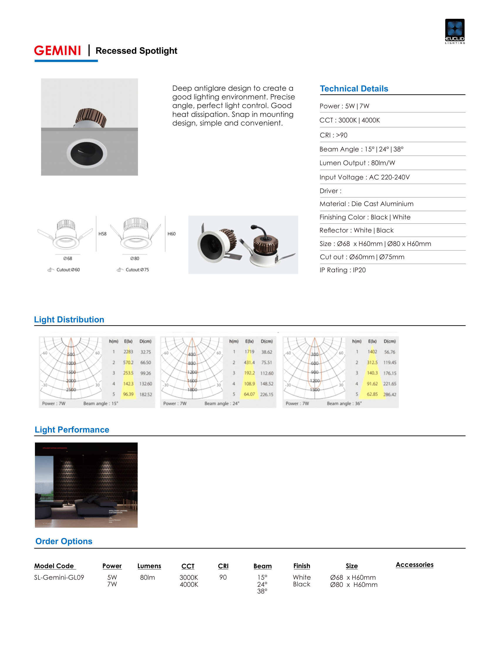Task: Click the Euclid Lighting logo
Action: click(455, 31)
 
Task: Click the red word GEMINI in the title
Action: click(58, 51)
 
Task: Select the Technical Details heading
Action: click(354, 89)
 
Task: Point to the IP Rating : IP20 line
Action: click(343, 270)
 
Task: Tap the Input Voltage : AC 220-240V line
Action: click(365, 177)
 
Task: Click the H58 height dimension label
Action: click(102, 234)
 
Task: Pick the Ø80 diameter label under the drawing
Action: click(135, 258)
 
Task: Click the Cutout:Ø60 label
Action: click(68, 270)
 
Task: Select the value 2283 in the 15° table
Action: click(128, 352)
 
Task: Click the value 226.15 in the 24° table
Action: click(267, 394)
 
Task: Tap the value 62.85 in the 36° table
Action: click(372, 394)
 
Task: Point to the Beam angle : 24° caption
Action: click(222, 403)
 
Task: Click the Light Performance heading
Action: click(72, 430)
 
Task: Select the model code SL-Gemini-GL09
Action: click(59, 577)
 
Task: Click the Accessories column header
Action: click(414, 565)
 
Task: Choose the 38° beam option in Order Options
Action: click(262, 591)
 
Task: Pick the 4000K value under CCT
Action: click(189, 584)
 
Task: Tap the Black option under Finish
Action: click(301, 584)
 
